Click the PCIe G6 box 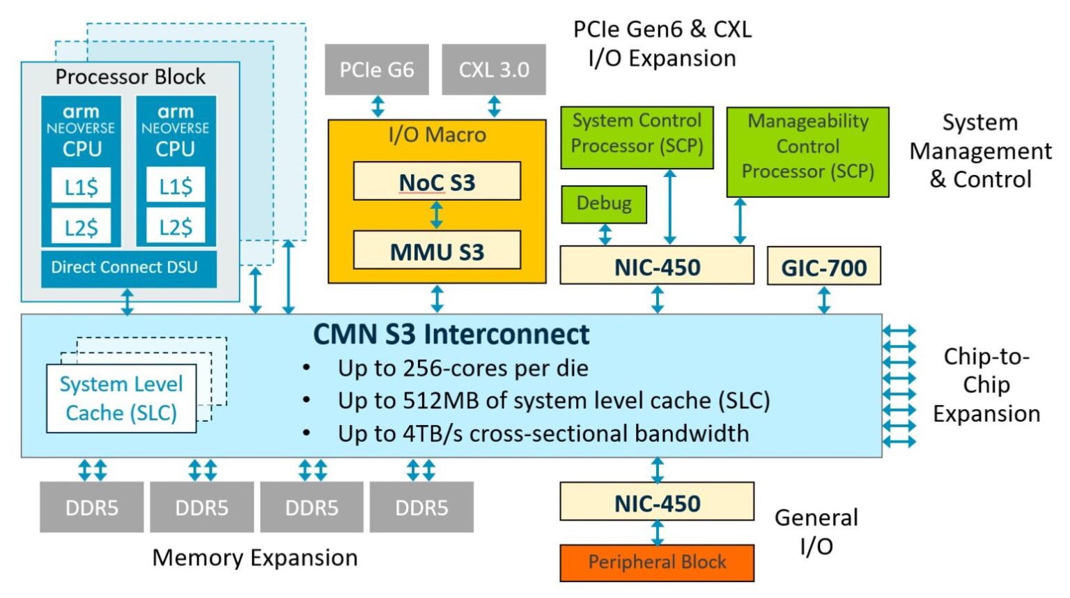(376, 70)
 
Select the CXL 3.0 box (493, 70)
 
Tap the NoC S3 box (437, 182)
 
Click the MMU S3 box (437, 251)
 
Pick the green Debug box (604, 204)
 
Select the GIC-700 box (823, 267)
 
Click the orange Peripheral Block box (657, 562)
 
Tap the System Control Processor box (637, 137)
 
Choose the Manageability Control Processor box (807, 151)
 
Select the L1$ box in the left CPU (81, 186)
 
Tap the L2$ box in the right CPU (176, 227)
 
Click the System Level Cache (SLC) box (121, 399)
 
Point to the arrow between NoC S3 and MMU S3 (437, 215)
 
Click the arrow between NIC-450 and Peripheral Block (657, 532)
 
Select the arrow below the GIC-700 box (824, 300)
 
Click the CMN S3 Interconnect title (451, 335)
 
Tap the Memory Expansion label (254, 558)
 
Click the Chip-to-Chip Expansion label (986, 385)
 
